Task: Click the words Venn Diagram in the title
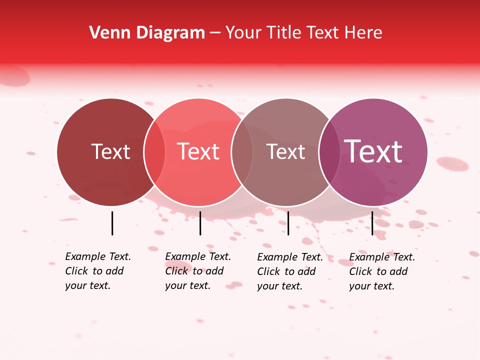147,33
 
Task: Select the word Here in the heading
363,33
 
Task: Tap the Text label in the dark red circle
110,152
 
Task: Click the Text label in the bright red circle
198,152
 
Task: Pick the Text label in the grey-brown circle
286,152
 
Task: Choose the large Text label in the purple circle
373,151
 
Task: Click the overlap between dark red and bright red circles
154,152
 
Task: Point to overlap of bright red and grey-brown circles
242,152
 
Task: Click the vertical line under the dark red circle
112,223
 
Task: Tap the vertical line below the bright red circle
200,223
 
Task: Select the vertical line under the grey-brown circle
288,223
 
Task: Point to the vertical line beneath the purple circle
372,223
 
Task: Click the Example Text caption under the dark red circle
98,271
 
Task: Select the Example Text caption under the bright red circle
198,271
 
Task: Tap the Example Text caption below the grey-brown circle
290,271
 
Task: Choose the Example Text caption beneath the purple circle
382,271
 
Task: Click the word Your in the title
243,33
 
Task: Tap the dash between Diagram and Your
214,33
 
